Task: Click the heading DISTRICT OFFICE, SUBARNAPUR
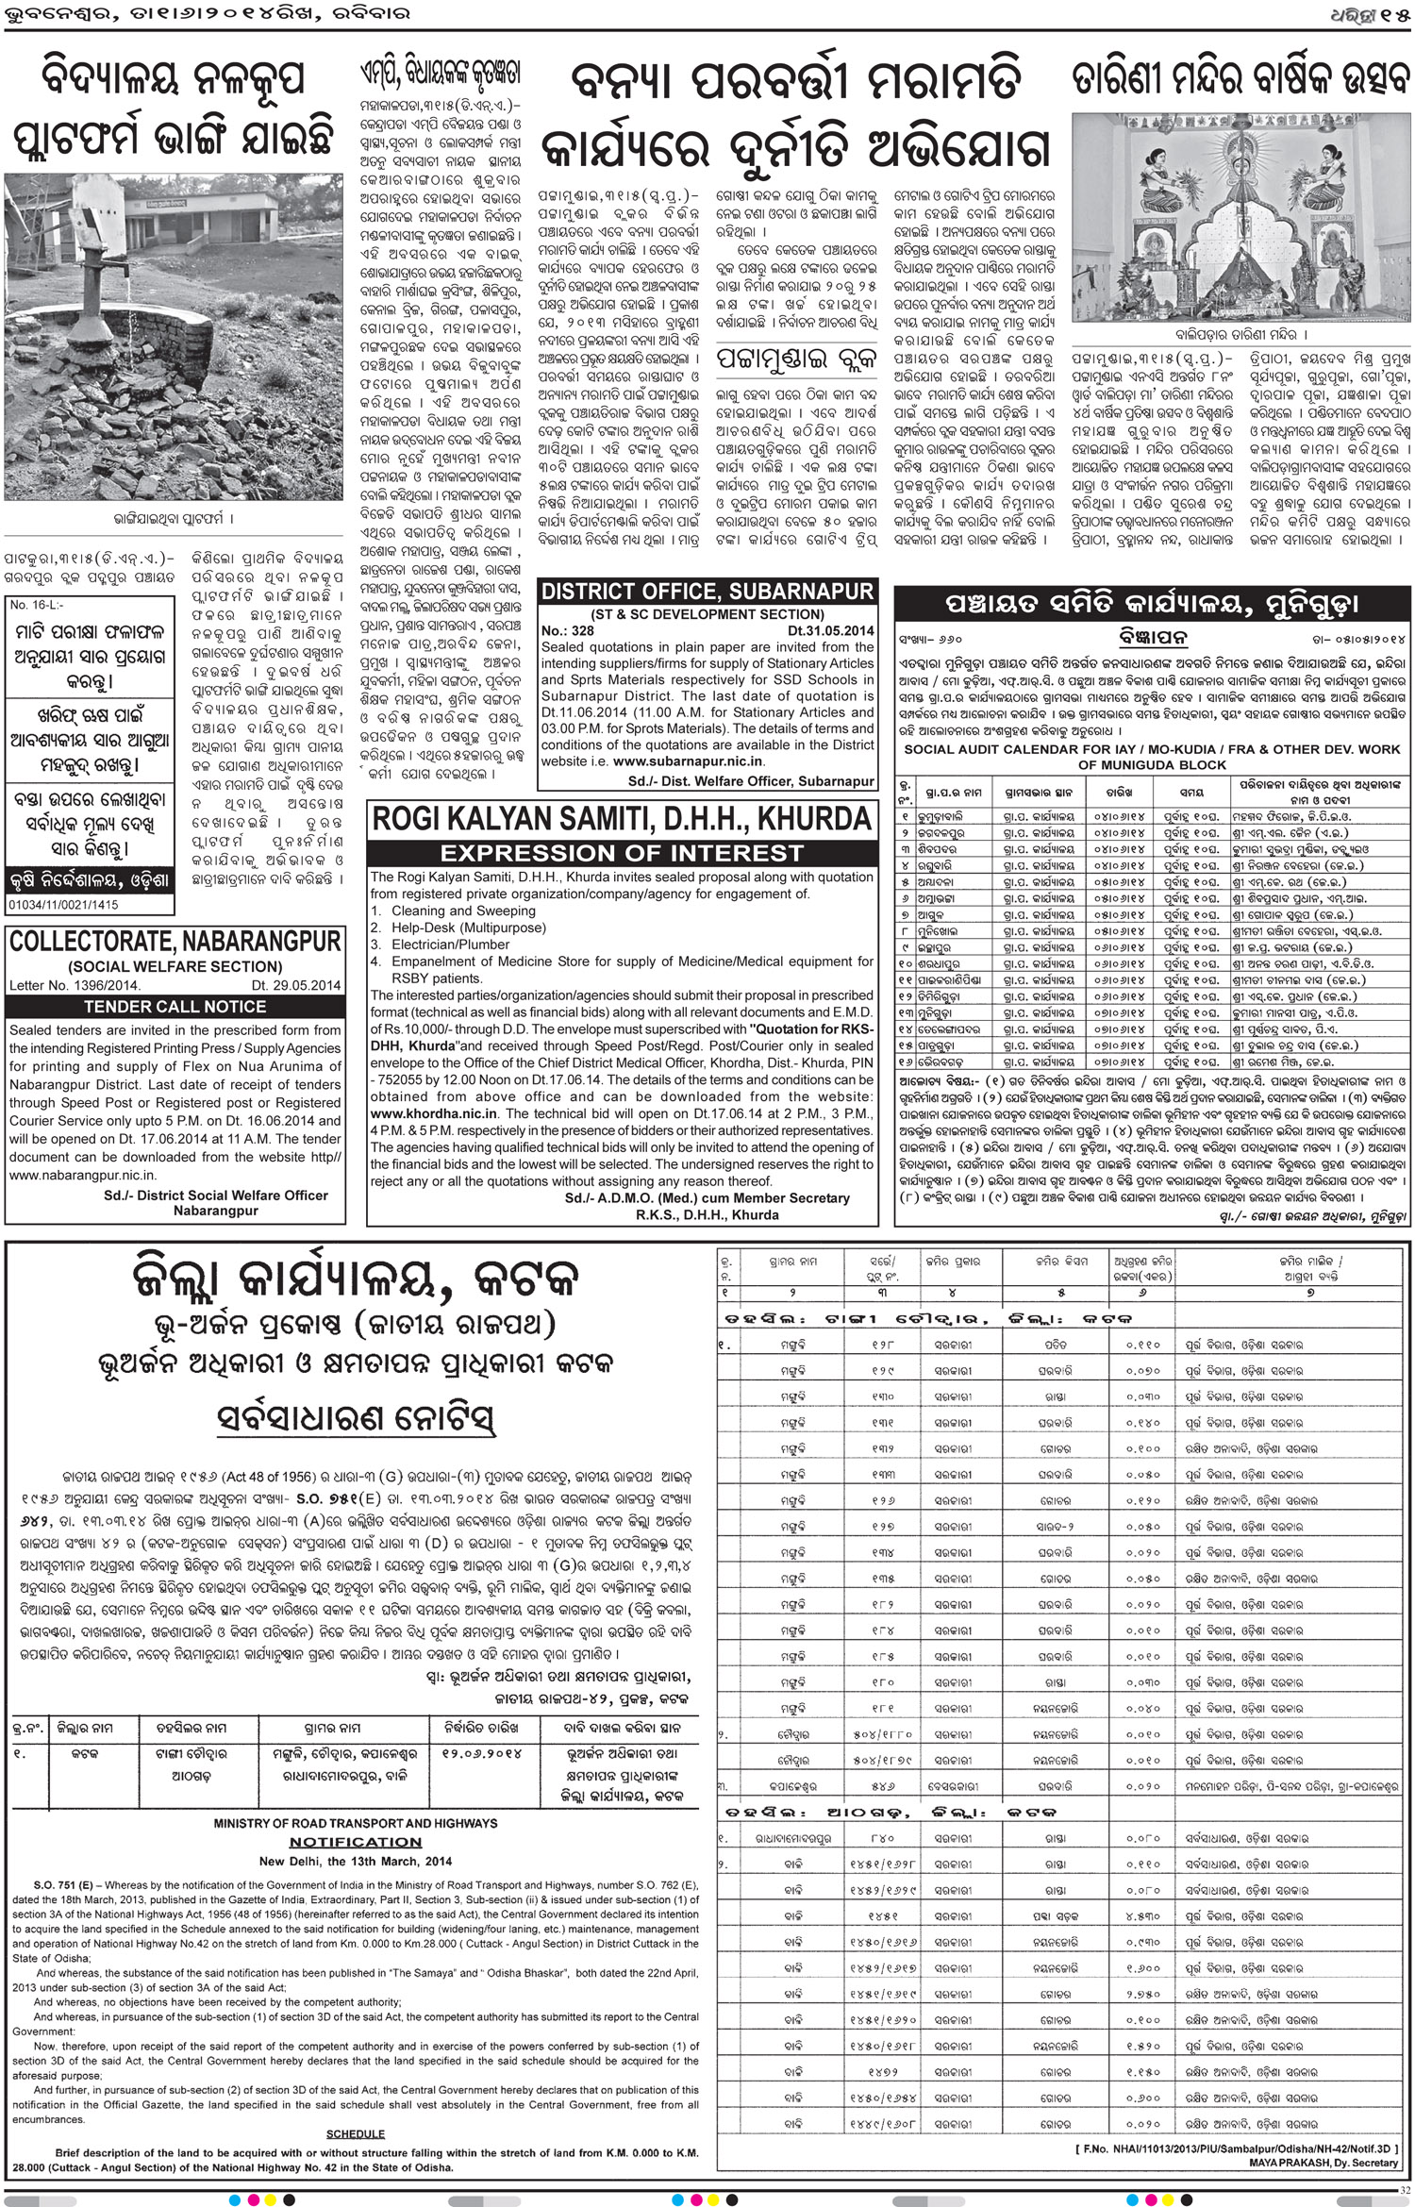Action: coord(707,593)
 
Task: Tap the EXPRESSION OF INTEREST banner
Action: coord(622,854)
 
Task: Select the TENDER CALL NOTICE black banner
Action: coord(175,1007)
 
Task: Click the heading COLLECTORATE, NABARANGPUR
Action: coord(175,942)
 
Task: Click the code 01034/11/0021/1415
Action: coord(62,905)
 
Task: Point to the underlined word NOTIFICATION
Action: coord(356,1842)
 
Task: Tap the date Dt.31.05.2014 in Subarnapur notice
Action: coord(831,630)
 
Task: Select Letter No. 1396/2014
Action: coord(75,986)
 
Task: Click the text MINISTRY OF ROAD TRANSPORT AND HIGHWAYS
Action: coord(356,1823)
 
